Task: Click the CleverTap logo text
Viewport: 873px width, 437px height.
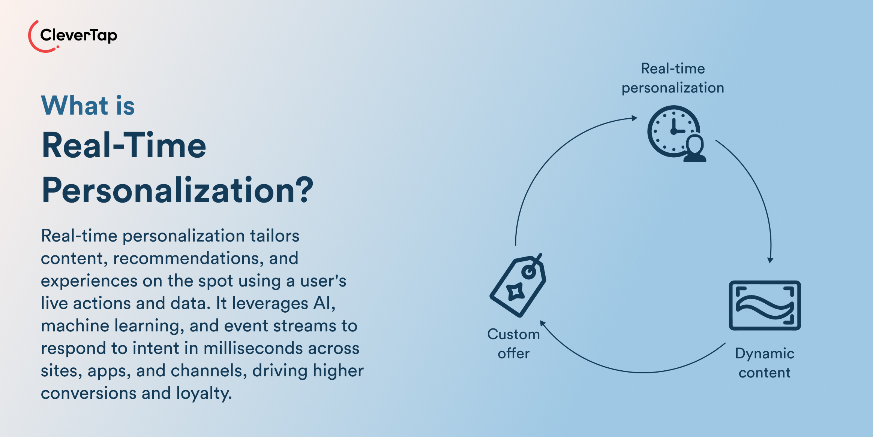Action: [x=78, y=35]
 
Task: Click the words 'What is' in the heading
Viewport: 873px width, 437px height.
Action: [x=88, y=106]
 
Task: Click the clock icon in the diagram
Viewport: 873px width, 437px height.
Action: [x=671, y=130]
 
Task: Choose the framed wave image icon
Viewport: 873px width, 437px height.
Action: [x=765, y=305]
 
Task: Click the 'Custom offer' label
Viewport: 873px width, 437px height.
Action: [x=513, y=343]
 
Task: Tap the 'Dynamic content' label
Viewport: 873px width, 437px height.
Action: [x=764, y=363]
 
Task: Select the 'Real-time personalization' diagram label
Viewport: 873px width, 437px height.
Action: [x=673, y=78]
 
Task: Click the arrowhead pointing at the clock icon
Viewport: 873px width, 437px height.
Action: [x=634, y=118]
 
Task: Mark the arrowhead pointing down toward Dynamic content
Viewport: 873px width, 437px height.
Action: [x=770, y=260]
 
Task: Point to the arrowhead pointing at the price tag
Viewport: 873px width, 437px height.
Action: [x=542, y=323]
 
